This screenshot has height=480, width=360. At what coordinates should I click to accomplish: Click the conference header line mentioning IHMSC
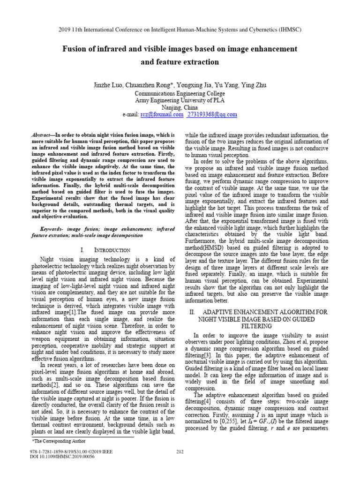180,29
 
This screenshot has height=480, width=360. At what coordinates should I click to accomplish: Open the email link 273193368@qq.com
212,114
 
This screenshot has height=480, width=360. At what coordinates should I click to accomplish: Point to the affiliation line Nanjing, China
180,107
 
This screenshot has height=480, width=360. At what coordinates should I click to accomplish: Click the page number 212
180,451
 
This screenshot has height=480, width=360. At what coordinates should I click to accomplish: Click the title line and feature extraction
180,62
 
